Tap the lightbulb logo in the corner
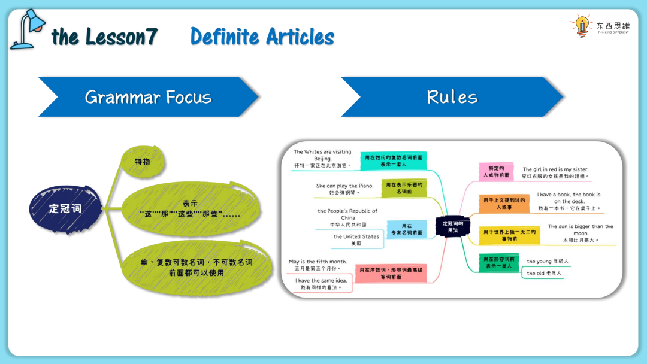coord(581,26)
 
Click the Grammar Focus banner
coord(148,97)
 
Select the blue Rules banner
coord(452,97)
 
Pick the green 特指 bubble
coord(143,162)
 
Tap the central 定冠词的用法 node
coord(453,227)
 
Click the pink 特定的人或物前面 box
coord(497,172)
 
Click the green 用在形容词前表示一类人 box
coord(498,262)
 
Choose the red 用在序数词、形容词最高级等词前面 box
coord(391,274)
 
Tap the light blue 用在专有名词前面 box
coord(406,229)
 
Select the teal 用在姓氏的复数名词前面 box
coord(394,160)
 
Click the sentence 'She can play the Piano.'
coord(344,186)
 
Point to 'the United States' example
coord(356,236)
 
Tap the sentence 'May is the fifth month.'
coord(318,262)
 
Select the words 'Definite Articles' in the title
coord(262,37)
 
